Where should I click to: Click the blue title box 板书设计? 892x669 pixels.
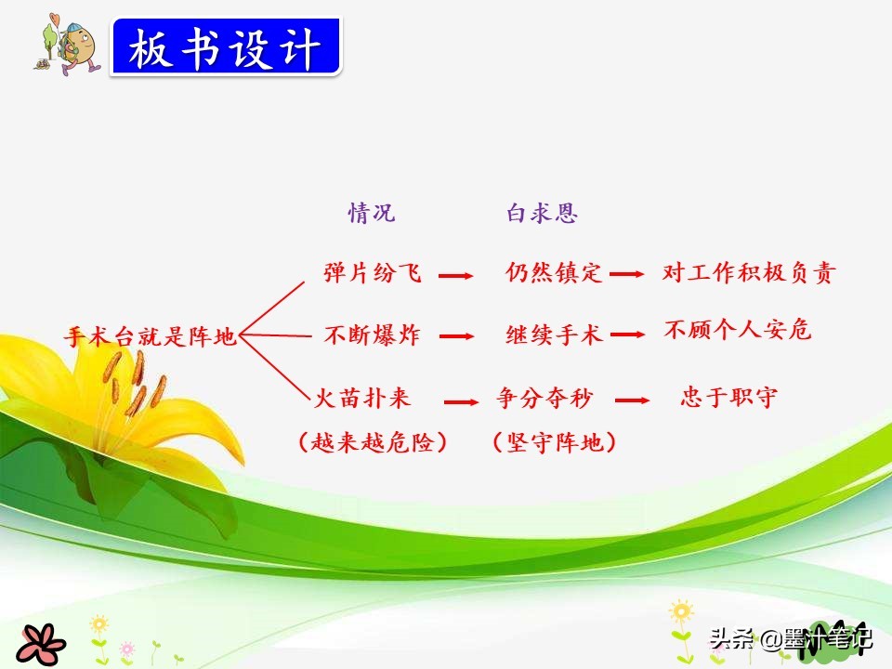tap(226, 46)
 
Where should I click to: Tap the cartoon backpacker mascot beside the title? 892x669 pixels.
tap(67, 45)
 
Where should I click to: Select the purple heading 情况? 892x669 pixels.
tap(372, 213)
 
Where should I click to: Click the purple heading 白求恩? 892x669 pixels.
tap(542, 213)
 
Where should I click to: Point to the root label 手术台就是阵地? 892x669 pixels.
tap(151, 336)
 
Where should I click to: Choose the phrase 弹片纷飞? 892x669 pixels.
tap(373, 272)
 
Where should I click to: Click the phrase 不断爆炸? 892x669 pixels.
tap(373, 334)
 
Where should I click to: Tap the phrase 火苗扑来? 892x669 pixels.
tap(362, 397)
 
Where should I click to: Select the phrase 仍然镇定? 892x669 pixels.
tap(554, 272)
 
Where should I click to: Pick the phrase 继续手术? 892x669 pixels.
tap(554, 334)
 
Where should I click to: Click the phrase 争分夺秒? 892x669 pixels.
tap(545, 397)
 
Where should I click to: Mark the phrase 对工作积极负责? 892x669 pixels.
tap(749, 272)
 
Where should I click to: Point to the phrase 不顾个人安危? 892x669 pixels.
tap(738, 329)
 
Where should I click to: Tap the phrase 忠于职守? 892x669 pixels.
tap(728, 397)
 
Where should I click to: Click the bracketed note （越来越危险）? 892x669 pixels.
tap(373, 442)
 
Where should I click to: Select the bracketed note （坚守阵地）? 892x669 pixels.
tap(554, 442)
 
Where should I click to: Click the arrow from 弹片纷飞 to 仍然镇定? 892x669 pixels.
tap(455, 276)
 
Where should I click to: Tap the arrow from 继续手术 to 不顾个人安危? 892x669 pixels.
tap(627, 334)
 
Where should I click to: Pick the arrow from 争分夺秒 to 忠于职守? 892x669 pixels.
tap(632, 400)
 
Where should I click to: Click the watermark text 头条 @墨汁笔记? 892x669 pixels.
tap(791, 637)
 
